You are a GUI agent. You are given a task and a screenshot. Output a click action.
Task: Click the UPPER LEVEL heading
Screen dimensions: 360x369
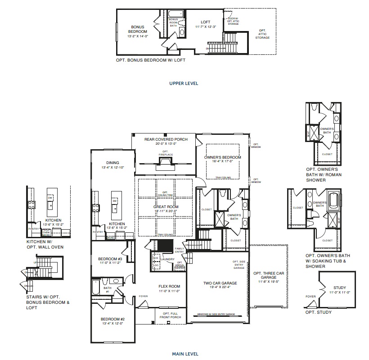pyautogui.click(x=184, y=83)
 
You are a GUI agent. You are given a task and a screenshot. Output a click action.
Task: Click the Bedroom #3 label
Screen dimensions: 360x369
pyautogui.click(x=110, y=259)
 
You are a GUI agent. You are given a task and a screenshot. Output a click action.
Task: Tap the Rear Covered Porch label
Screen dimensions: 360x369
pyautogui.click(x=166, y=139)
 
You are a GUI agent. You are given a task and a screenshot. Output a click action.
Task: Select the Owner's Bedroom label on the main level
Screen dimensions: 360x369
pyautogui.click(x=223, y=157)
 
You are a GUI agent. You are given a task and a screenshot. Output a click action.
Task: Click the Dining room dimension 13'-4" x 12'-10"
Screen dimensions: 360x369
pyautogui.click(x=112, y=167)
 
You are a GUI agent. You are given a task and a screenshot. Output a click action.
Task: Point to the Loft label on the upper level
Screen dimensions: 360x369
pyautogui.click(x=206, y=22)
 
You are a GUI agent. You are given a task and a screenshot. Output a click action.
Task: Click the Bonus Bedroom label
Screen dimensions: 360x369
pyautogui.click(x=137, y=29)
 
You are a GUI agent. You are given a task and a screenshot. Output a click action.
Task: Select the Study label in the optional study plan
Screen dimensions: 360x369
pyautogui.click(x=340, y=288)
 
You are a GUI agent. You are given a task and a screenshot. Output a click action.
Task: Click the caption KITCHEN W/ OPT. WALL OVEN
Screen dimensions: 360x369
pyautogui.click(x=45, y=244)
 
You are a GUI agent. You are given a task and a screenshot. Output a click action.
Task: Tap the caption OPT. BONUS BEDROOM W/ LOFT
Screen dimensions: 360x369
pyautogui.click(x=150, y=60)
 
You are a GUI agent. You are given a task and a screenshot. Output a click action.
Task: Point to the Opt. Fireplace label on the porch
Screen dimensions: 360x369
pyautogui.click(x=165, y=153)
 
